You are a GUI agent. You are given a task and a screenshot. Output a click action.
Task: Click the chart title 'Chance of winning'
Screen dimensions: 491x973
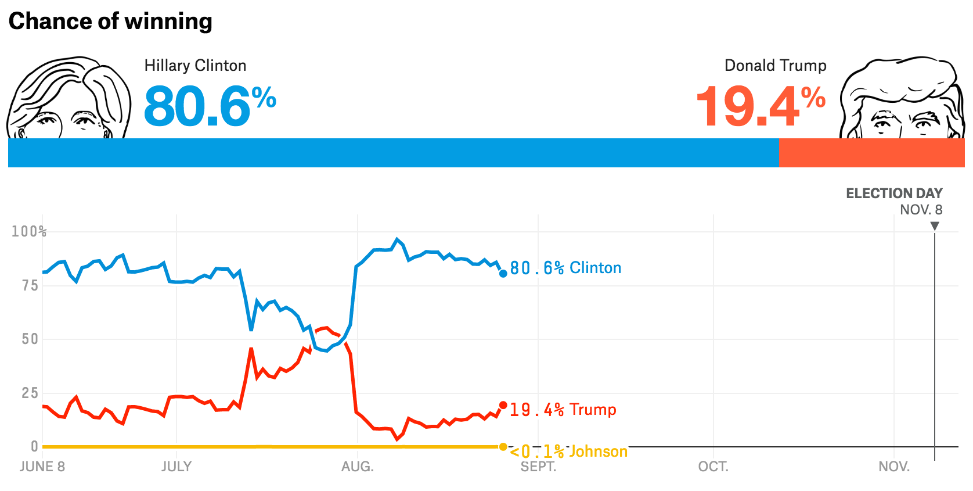[110, 21]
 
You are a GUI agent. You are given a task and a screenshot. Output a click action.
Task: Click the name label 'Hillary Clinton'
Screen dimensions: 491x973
[195, 66]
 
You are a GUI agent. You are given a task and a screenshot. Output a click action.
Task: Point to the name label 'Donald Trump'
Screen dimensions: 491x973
[775, 66]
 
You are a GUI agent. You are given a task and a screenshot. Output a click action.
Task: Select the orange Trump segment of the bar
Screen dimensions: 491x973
[871, 153]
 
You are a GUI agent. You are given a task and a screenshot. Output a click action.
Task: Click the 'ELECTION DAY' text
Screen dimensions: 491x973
[893, 193]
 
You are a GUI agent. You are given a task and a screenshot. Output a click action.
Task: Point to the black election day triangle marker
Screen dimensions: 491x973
[935, 226]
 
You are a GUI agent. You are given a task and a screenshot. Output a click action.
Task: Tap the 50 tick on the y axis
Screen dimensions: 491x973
[30, 339]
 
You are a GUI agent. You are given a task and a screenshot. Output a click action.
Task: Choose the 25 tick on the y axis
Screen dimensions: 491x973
[30, 393]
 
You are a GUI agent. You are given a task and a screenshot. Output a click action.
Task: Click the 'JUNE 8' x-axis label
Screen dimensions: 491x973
[42, 467]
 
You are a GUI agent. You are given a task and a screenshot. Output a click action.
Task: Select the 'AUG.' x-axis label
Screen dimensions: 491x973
[357, 467]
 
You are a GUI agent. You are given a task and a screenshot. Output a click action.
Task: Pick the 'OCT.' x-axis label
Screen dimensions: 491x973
[713, 467]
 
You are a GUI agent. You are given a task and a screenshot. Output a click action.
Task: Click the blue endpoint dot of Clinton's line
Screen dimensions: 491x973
[503, 273]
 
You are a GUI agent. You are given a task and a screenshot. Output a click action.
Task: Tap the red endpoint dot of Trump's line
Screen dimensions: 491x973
[503, 405]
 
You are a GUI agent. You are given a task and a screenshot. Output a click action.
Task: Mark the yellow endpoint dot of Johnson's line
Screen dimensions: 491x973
[503, 447]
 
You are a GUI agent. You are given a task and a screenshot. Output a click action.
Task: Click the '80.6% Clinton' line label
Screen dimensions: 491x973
[565, 268]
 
